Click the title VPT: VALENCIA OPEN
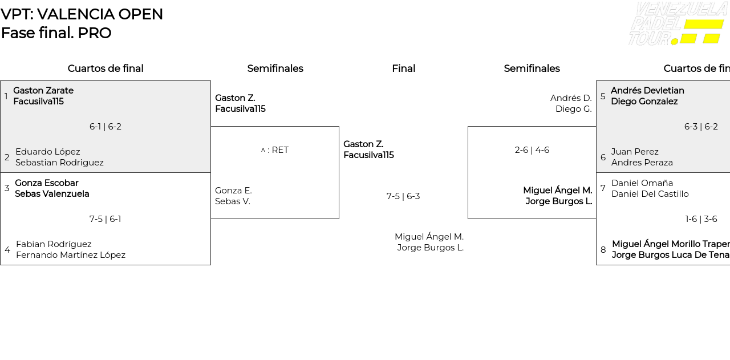tap(82, 14)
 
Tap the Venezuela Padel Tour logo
tap(677, 24)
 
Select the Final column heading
tap(403, 68)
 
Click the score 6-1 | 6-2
tap(106, 127)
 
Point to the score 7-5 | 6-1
tap(106, 219)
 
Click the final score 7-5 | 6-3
tap(403, 196)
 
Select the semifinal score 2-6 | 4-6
tap(532, 150)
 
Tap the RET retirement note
tap(275, 150)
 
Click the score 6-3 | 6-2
tap(701, 127)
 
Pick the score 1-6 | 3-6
tap(701, 219)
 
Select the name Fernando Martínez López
tap(71, 255)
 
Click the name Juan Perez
tap(635, 152)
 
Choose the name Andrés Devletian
tap(647, 91)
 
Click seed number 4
tap(7, 250)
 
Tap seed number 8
tap(603, 250)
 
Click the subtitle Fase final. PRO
tap(56, 33)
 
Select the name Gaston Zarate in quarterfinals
tap(43, 91)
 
